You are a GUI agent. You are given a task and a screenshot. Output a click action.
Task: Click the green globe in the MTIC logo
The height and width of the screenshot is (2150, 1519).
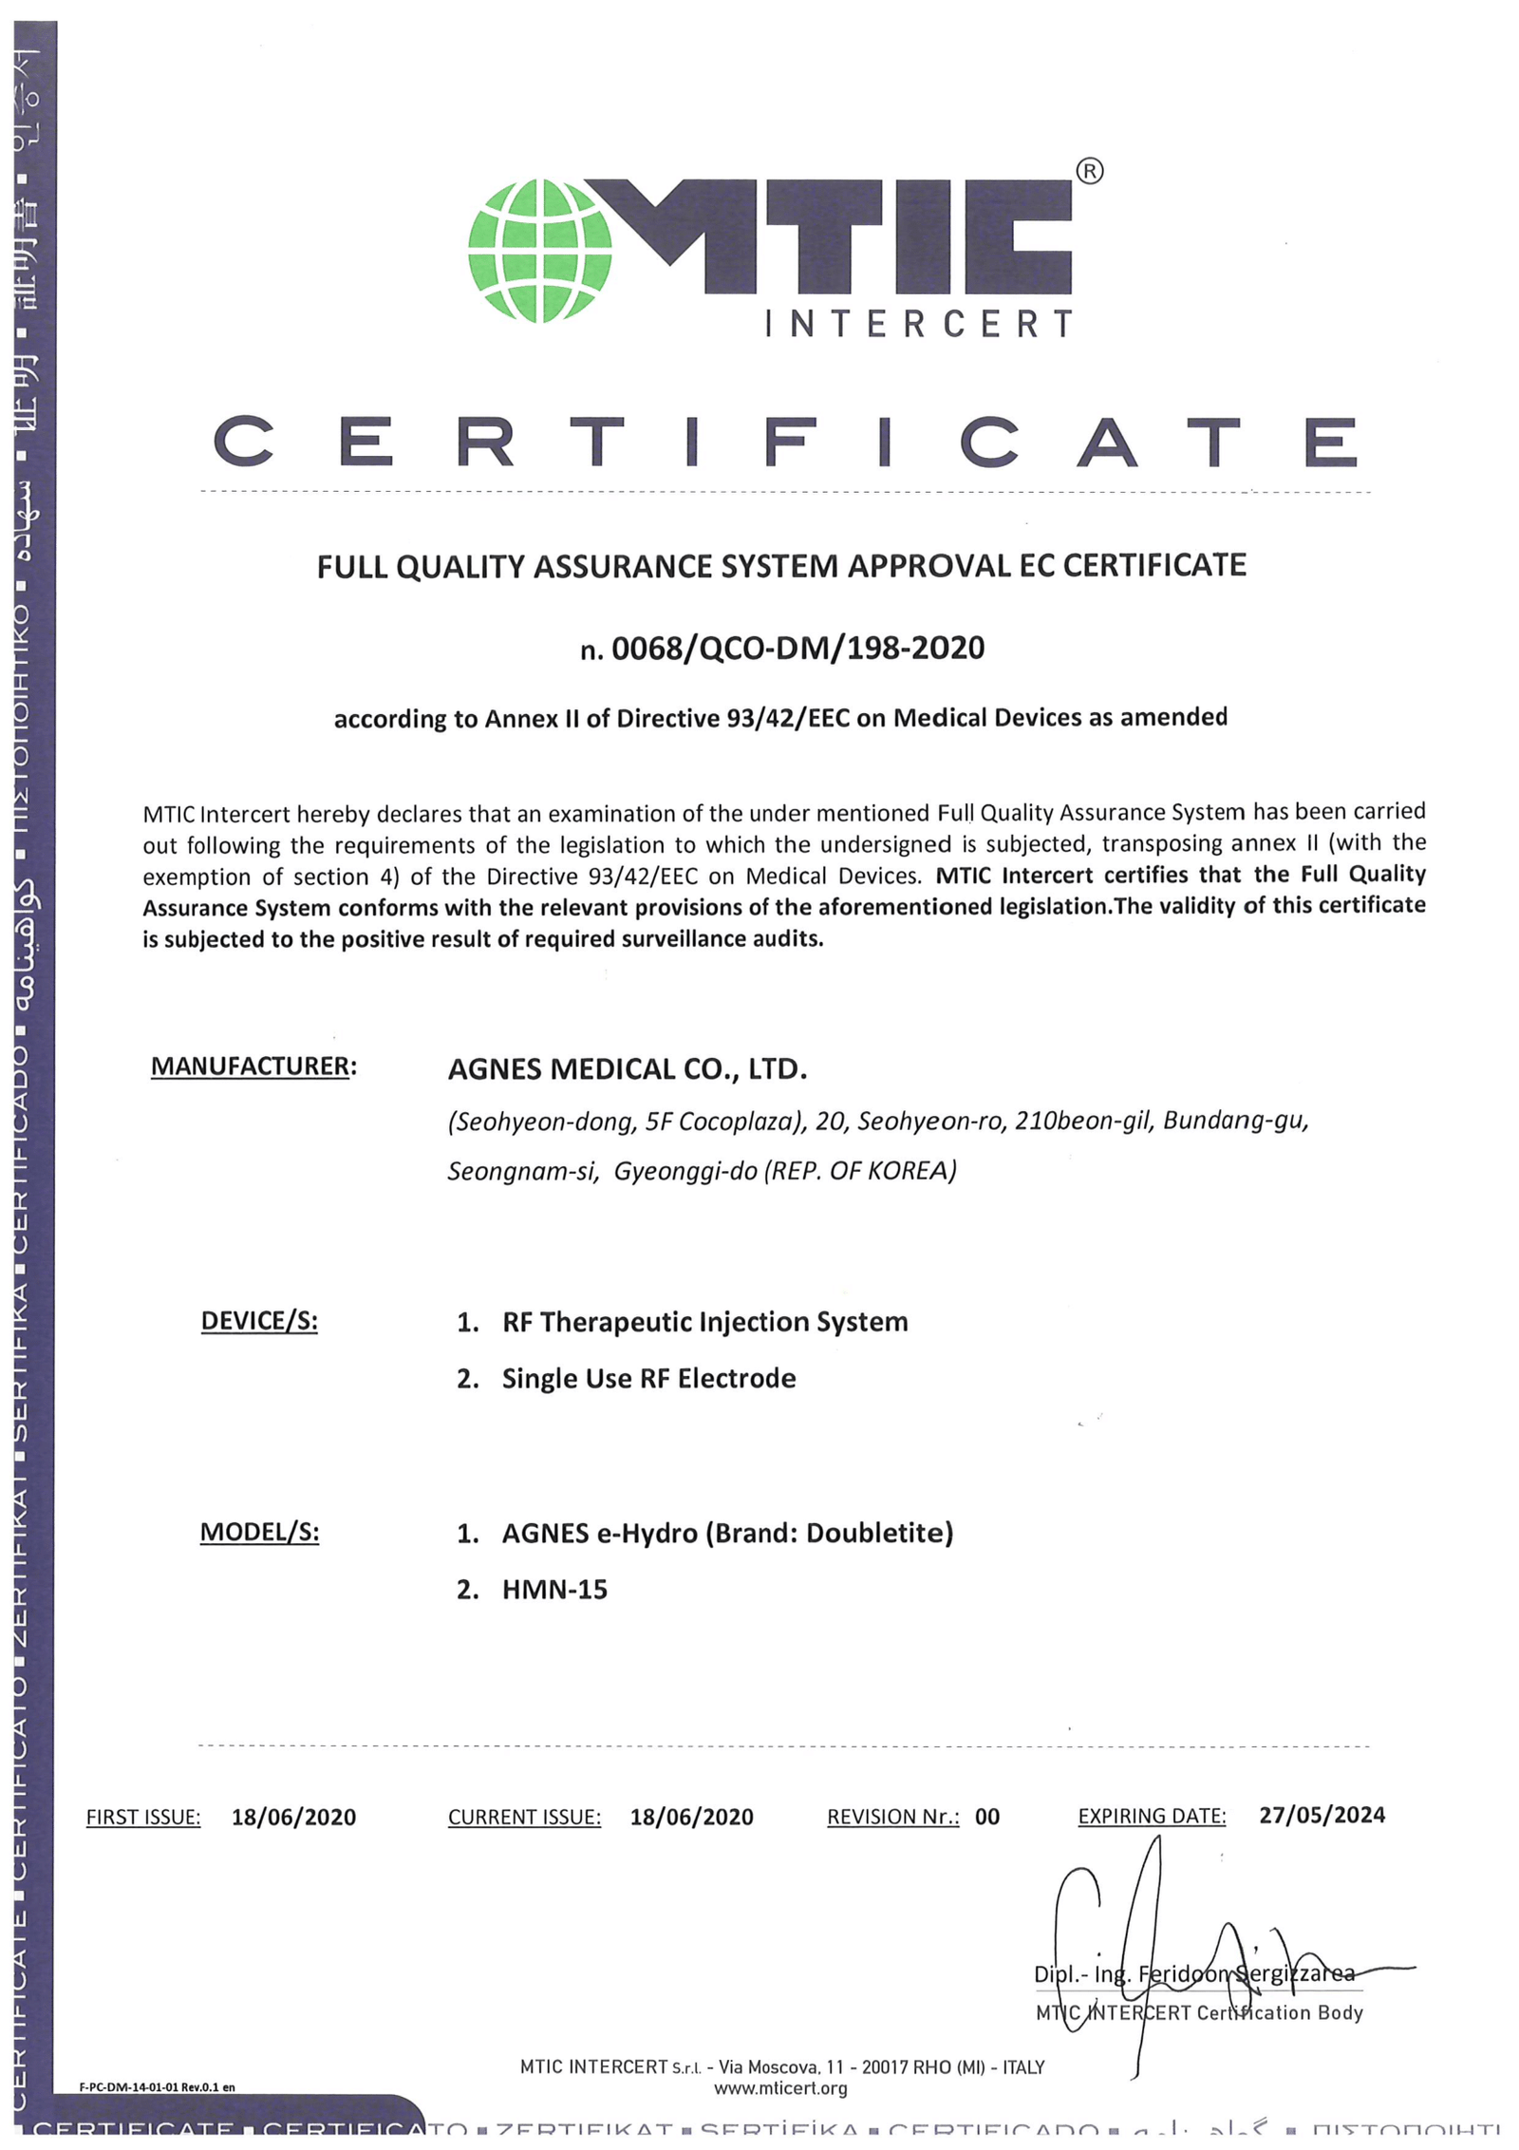(539, 251)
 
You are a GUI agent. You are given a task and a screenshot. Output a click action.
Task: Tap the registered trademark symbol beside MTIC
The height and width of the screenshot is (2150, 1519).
(1089, 172)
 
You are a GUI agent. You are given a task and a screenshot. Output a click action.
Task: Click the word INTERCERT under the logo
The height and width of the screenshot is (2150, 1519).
(918, 325)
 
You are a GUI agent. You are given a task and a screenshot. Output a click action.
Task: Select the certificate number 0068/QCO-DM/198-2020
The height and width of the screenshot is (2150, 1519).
(797, 649)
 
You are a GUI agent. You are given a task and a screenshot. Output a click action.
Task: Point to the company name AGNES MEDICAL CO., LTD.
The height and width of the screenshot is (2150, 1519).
(627, 1069)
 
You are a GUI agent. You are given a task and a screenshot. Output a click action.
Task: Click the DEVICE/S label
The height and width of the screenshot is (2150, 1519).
(259, 1321)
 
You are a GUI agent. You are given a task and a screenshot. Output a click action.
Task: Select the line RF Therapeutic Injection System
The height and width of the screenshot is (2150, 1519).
(704, 1322)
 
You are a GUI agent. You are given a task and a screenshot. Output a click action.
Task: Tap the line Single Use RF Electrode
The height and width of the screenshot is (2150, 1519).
(648, 1378)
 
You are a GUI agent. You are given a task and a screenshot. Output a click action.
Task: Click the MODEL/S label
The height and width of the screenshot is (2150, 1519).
(259, 1532)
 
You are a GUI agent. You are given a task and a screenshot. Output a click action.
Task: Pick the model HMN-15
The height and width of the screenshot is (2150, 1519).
(554, 1590)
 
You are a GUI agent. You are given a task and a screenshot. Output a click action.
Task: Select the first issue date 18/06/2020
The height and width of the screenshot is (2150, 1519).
(293, 1817)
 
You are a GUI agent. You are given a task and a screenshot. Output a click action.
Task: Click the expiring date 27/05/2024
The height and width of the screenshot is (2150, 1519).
(1322, 1815)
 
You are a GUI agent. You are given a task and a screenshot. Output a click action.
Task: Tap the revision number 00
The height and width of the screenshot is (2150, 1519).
(986, 1817)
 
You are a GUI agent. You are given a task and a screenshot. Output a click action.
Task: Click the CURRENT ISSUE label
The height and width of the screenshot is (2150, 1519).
(524, 1817)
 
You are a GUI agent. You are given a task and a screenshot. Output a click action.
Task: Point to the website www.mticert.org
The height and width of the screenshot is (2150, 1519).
(780, 2087)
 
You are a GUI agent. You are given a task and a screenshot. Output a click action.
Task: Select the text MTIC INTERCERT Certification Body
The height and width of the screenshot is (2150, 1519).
(1198, 2012)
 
